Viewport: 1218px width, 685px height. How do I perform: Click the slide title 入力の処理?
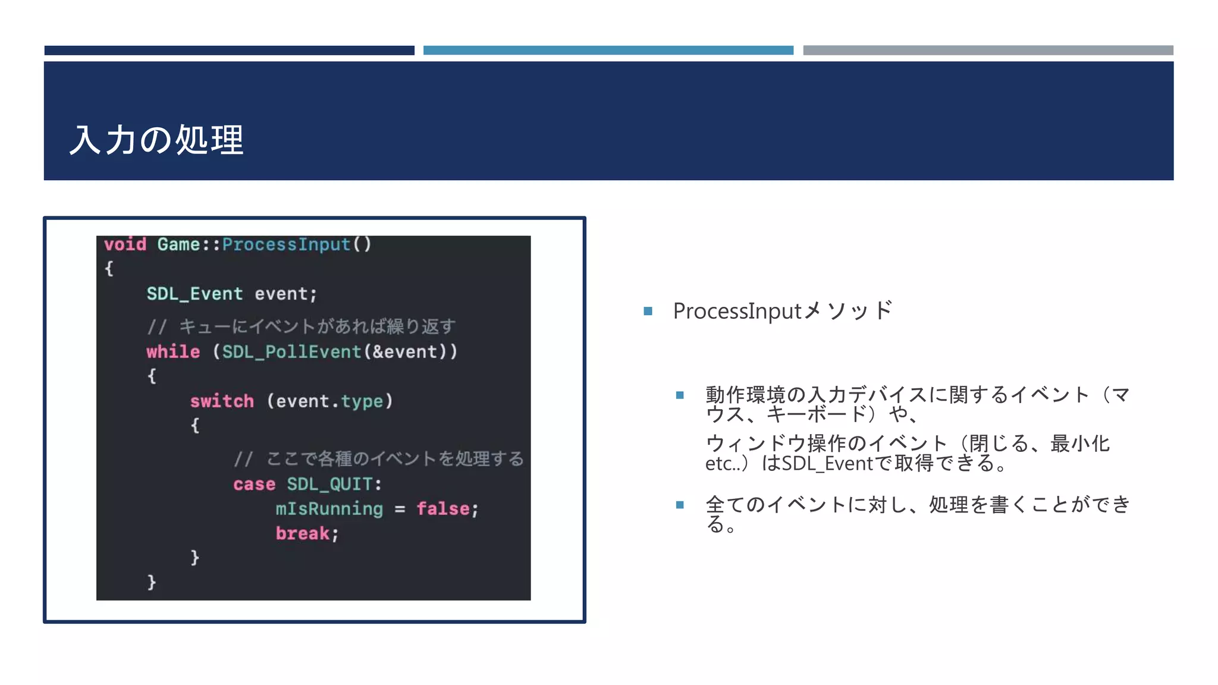(156, 140)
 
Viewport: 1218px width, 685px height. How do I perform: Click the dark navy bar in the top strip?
(229, 51)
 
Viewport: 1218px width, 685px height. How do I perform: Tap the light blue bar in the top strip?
(608, 51)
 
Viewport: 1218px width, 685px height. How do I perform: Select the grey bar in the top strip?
(988, 51)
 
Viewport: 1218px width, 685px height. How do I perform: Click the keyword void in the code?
(125, 244)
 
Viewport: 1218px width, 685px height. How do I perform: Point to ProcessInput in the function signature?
(286, 244)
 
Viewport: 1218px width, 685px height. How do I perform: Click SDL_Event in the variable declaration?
(194, 294)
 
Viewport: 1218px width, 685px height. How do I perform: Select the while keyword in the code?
(173, 351)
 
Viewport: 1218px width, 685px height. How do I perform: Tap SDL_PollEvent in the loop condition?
(291, 351)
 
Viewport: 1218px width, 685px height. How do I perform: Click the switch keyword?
(222, 401)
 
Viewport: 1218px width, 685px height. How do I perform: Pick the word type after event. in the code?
(362, 402)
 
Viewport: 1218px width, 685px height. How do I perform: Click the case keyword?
(254, 484)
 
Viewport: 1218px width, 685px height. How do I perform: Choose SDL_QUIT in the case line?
(330, 484)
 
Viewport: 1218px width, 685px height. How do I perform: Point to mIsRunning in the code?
(329, 509)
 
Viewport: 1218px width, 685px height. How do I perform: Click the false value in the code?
(443, 509)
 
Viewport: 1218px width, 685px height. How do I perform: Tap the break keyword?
(302, 533)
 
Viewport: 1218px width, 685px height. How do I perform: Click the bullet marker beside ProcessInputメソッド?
(648, 311)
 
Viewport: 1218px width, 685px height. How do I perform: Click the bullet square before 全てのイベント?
(680, 505)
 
